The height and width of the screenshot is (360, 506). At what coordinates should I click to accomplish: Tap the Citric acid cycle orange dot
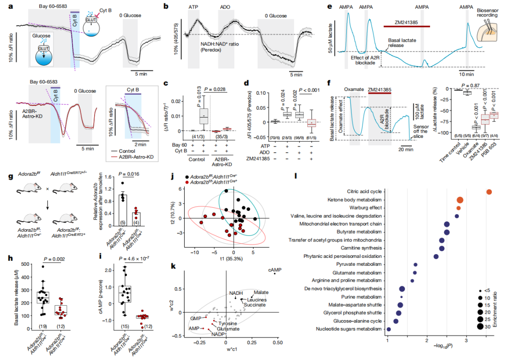[489, 192]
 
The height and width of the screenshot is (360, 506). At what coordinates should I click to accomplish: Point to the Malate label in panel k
[261, 292]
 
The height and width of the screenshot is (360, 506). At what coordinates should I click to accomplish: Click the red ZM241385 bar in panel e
[407, 27]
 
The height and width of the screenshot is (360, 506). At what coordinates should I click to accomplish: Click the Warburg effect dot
[458, 208]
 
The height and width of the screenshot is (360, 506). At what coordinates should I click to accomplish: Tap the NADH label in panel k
[236, 293]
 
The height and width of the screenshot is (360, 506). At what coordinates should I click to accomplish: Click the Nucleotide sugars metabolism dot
[388, 330]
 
